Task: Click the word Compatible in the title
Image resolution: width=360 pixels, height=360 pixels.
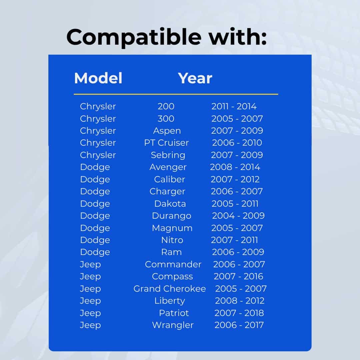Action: [x=134, y=37]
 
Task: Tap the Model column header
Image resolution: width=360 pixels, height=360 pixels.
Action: [x=98, y=78]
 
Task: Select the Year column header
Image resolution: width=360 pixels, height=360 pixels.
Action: [x=195, y=78]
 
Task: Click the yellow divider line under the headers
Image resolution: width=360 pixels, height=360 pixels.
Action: [x=176, y=94]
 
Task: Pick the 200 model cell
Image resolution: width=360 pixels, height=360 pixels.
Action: [x=166, y=106]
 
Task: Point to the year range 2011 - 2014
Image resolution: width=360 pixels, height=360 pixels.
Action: [x=234, y=106]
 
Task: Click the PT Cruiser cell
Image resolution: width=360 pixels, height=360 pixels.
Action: [x=166, y=143]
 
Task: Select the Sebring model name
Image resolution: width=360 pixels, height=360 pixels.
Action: [x=168, y=155]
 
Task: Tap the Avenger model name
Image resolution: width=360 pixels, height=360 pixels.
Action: [x=168, y=167]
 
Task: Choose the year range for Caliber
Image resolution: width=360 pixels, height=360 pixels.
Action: [x=235, y=179]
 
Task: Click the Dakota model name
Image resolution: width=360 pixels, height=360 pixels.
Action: [x=170, y=204]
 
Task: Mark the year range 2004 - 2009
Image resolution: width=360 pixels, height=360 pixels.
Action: [x=238, y=216]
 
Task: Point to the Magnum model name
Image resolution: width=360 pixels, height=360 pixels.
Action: [x=172, y=228]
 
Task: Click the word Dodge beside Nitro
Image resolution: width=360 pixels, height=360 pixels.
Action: [x=95, y=240]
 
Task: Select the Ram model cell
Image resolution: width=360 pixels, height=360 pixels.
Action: [x=172, y=252]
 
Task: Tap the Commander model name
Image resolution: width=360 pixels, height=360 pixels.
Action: [x=173, y=264]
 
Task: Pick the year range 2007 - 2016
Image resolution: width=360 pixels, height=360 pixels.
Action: [x=238, y=276]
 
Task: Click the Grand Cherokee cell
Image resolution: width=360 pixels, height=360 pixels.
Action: [x=170, y=289]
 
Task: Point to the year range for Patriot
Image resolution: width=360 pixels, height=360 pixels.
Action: [x=239, y=313]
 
